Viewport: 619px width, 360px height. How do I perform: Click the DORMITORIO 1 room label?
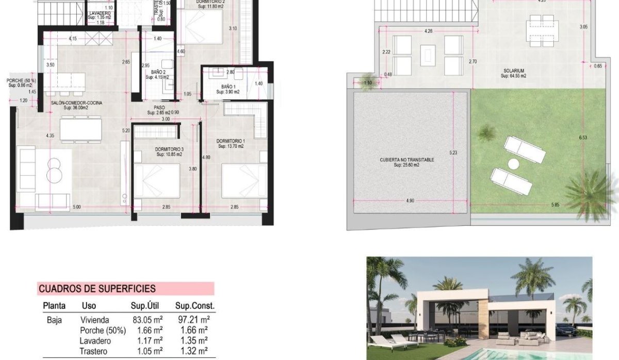point(231,141)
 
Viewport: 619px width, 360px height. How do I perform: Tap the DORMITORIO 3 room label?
point(169,150)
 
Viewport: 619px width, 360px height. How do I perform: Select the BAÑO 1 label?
point(229,86)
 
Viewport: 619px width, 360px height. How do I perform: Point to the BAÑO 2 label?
point(158,72)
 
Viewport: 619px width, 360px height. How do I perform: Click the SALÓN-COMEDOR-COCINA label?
point(76,103)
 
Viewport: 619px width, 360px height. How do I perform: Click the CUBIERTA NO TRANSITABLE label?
point(407,160)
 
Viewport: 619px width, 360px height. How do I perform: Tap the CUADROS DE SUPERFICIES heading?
point(97,289)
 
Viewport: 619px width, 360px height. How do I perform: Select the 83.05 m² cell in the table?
point(146,320)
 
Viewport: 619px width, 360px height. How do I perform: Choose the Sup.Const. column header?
point(194,306)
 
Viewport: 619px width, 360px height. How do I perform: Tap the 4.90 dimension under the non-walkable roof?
point(410,201)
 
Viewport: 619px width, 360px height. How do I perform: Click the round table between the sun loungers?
point(513,165)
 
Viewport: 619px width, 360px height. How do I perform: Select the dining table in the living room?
point(80,129)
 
